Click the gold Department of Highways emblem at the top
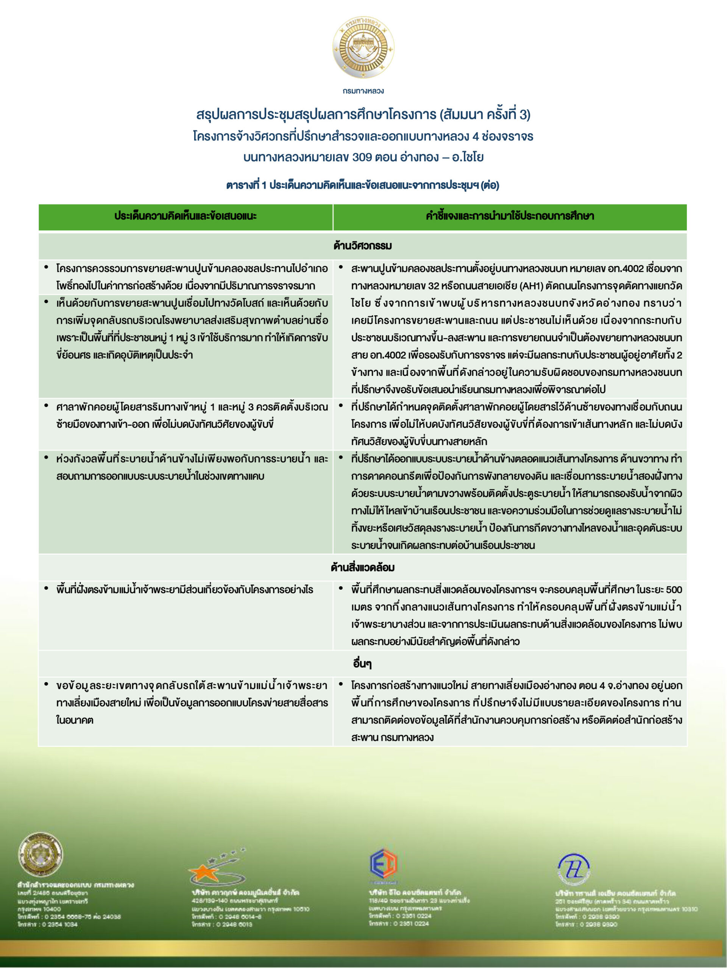[363, 47]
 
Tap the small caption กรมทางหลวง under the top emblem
[363, 91]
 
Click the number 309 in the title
[362, 157]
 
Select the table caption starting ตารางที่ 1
[363, 185]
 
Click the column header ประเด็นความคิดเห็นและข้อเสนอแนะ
[186, 216]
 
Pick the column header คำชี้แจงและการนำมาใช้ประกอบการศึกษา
[510, 216]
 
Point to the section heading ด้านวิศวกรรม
[363, 246]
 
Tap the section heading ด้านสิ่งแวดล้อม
[363, 568]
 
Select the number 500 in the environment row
[674, 590]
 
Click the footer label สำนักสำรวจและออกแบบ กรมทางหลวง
[76, 885]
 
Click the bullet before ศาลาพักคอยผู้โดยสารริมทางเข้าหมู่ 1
[47, 406]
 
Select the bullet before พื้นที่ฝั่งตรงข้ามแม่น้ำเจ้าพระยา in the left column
[47, 588]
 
